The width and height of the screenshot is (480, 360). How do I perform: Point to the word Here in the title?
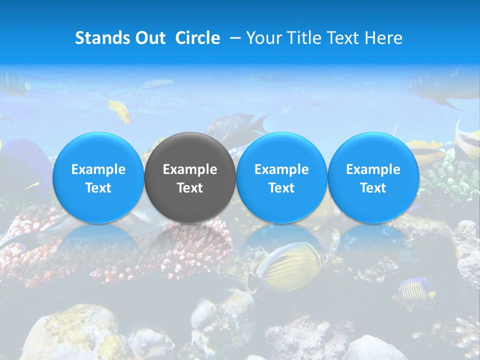pyautogui.click(x=384, y=38)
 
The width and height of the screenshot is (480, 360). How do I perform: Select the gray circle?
pyautogui.click(x=190, y=177)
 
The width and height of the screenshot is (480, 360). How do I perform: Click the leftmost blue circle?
pyautogui.click(x=98, y=177)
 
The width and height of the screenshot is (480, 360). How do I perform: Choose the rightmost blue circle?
pyautogui.click(x=373, y=177)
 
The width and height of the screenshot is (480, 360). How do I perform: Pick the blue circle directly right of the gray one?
pyautogui.click(x=281, y=177)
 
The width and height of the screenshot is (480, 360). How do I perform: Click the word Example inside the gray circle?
pyautogui.click(x=190, y=169)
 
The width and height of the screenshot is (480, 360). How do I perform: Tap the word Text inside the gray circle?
pyautogui.click(x=190, y=188)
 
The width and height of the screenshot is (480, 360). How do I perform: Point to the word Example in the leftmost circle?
pyautogui.click(x=98, y=169)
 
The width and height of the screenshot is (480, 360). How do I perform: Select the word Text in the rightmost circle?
pyautogui.click(x=373, y=188)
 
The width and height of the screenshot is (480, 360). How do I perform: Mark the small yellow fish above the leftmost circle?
pyautogui.click(x=120, y=110)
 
